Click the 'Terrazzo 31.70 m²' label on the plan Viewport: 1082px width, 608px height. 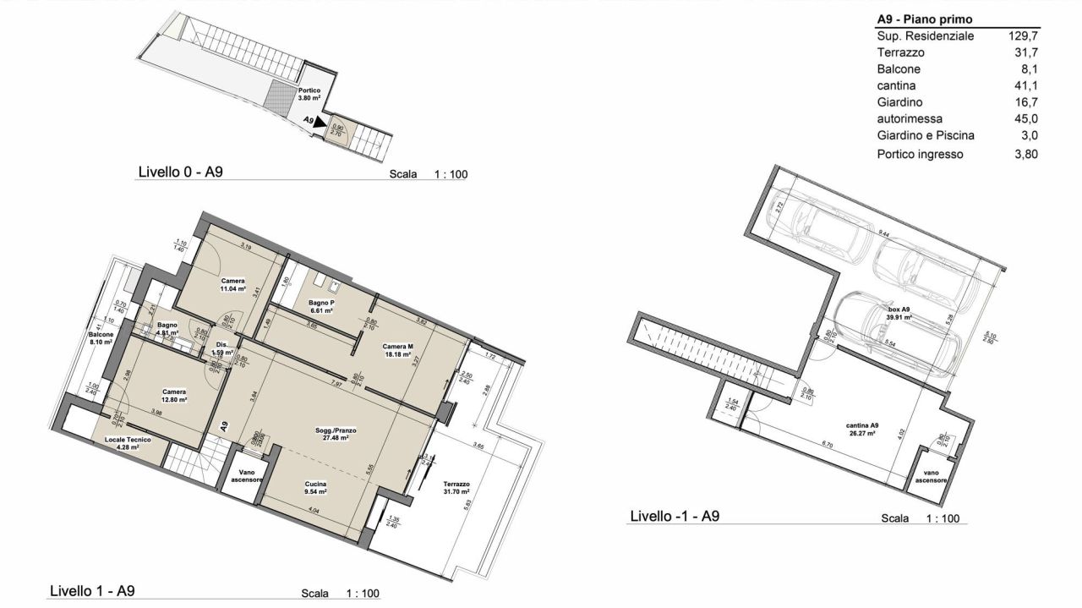coord(456,488)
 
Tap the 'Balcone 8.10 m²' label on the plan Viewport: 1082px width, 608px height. coord(101,338)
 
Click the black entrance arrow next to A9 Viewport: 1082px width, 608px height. coord(320,123)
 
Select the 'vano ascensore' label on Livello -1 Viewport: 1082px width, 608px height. coord(931,476)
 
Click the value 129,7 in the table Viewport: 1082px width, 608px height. coord(1024,36)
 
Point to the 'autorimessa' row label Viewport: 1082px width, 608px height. coord(908,118)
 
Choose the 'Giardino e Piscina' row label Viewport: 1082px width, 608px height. coord(926,135)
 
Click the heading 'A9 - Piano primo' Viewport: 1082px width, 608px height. coord(924,19)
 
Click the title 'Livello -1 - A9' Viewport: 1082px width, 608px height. coord(675,516)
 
